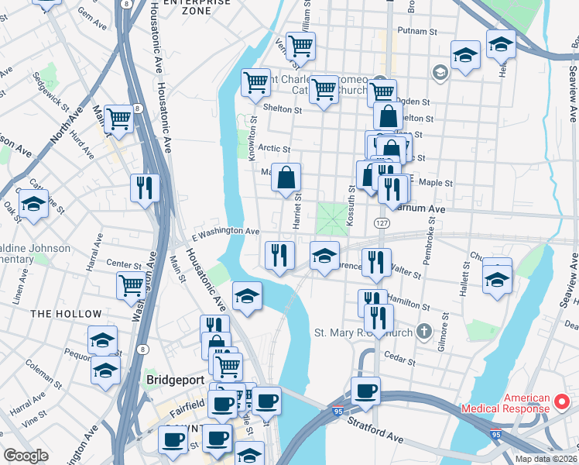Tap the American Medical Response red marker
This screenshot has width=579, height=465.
(563, 403)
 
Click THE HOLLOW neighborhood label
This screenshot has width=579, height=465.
(66, 314)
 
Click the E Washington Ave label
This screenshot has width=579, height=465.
(225, 231)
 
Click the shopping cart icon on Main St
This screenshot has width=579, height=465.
(119, 119)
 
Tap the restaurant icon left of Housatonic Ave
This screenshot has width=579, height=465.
(145, 188)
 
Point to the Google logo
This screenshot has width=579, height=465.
(26, 456)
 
